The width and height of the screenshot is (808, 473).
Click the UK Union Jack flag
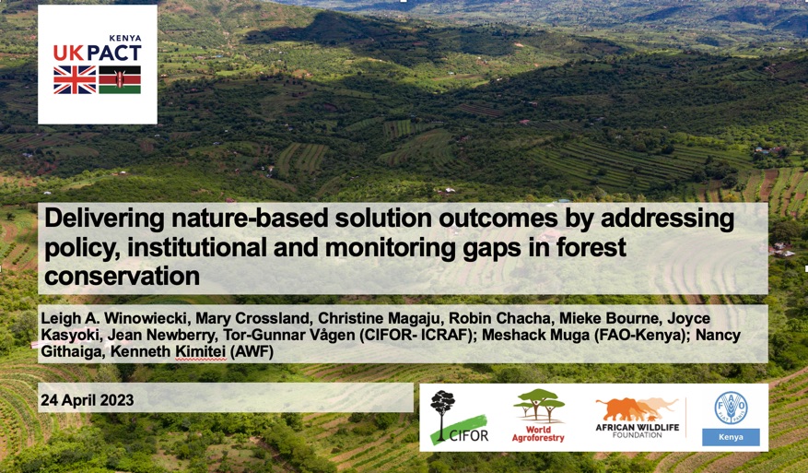click(x=75, y=80)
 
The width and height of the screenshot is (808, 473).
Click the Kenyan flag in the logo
click(x=120, y=80)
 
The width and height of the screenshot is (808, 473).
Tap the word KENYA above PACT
click(x=124, y=38)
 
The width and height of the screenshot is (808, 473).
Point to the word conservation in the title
click(x=122, y=276)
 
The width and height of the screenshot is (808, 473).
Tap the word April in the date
click(x=73, y=400)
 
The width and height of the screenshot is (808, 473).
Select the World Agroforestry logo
click(x=539, y=416)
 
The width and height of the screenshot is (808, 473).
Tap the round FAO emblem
click(x=731, y=407)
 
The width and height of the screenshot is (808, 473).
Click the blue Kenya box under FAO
click(x=731, y=437)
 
